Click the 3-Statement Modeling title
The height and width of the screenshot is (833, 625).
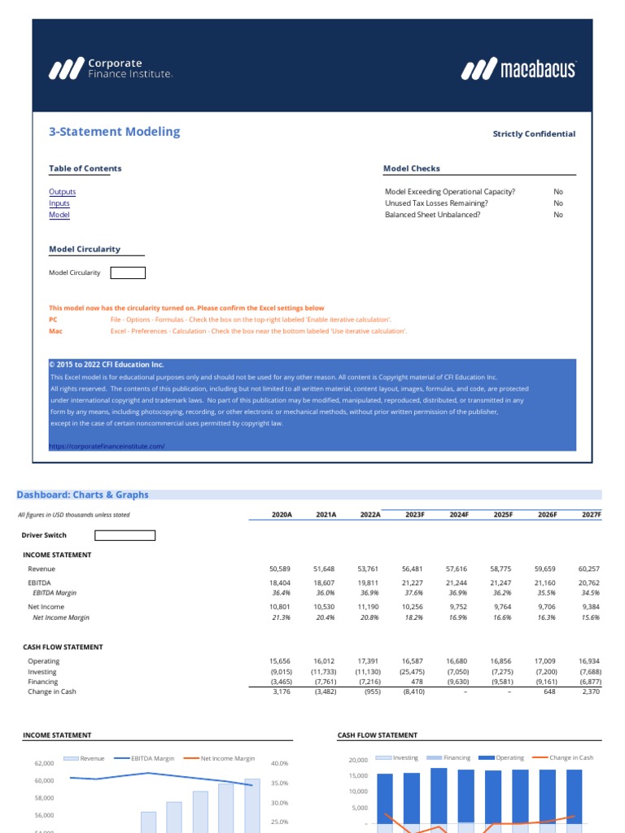[115, 132]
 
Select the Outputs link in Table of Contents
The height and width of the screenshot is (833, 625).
[63, 192]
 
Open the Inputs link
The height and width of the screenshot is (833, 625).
[59, 203]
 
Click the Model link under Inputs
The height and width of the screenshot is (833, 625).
[59, 215]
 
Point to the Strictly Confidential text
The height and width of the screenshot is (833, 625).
[534, 134]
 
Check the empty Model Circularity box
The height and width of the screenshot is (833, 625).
[128, 273]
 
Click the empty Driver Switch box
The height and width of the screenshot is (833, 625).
[125, 535]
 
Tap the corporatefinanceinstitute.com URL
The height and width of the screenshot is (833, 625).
[107, 446]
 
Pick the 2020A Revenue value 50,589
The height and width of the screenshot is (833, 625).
[279, 569]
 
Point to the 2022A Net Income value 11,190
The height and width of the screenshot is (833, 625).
[369, 607]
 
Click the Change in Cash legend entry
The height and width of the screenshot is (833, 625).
[570, 757]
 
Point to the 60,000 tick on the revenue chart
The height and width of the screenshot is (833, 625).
[44, 781]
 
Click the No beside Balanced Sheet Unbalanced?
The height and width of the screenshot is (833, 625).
[558, 215]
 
